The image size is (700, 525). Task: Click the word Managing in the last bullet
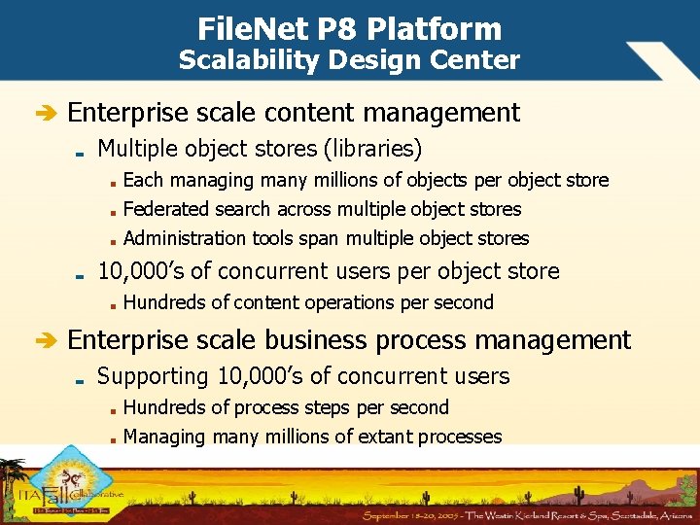click(x=164, y=437)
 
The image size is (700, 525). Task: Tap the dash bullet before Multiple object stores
click(x=82, y=152)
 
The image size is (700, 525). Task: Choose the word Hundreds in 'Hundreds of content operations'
click(x=164, y=302)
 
